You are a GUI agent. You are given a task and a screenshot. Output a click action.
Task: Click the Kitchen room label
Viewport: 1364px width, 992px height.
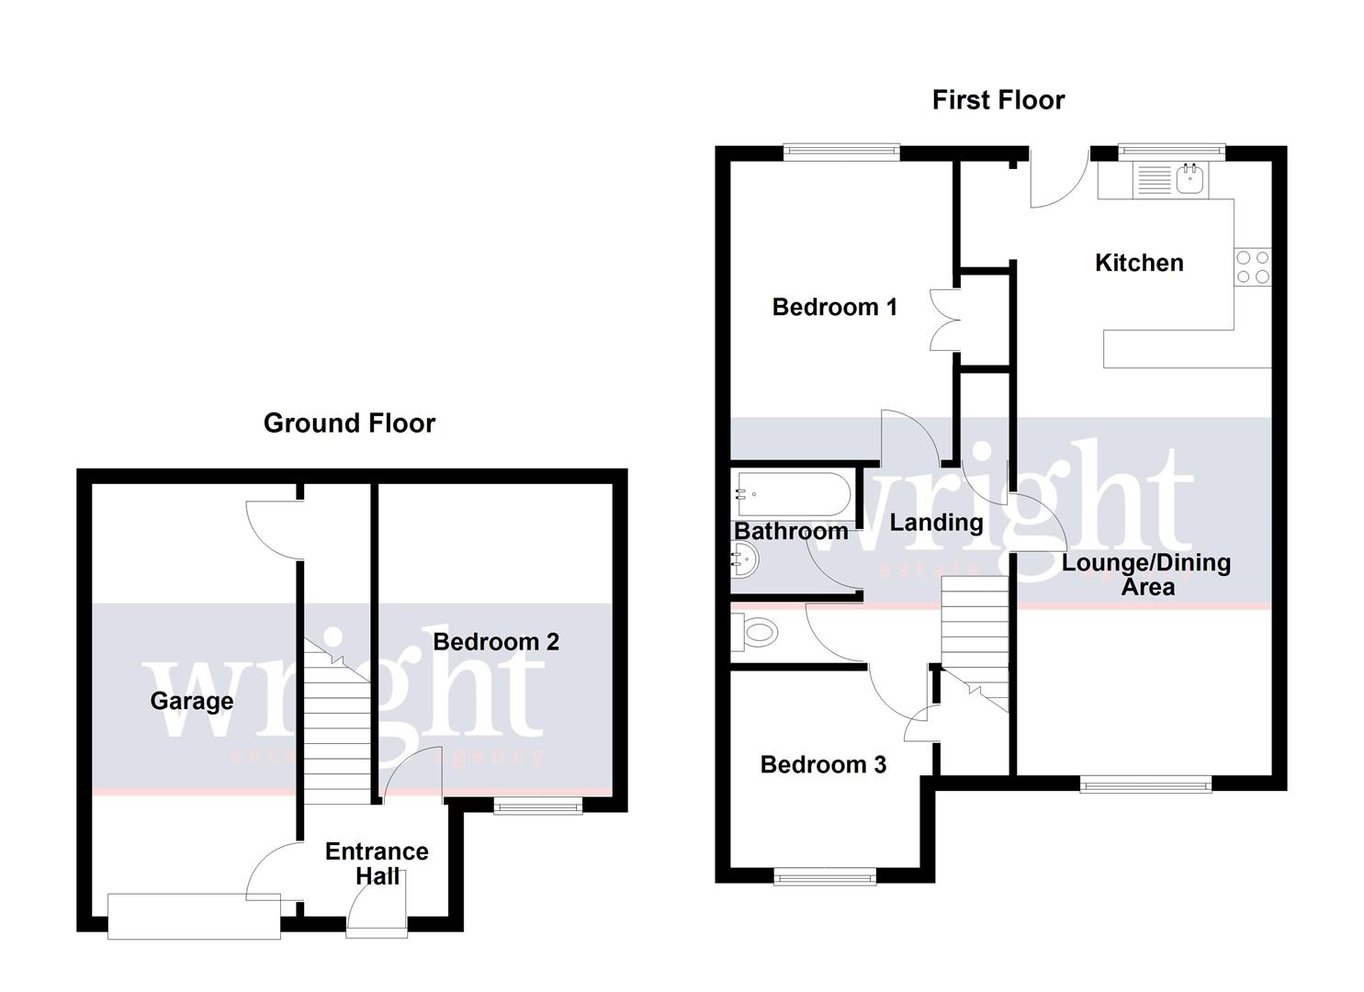[1138, 263]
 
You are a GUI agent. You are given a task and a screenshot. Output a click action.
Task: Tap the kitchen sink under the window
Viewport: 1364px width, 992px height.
[1191, 179]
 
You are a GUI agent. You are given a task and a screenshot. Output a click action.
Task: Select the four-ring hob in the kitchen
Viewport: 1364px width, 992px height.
[1252, 267]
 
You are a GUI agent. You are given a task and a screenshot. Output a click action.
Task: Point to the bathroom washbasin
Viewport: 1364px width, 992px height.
[744, 558]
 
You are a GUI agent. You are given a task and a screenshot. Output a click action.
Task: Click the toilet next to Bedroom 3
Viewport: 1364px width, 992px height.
[758, 633]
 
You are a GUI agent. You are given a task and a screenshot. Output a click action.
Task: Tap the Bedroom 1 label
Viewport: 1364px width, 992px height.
[834, 307]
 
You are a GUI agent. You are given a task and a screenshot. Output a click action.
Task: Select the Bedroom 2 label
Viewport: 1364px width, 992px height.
[495, 641]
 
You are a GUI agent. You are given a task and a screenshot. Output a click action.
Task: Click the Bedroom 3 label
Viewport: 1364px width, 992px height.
[823, 764]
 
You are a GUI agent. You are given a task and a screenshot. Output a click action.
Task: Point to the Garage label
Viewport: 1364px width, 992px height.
[191, 702]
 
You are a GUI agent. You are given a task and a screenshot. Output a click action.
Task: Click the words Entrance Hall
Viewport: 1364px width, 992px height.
[377, 863]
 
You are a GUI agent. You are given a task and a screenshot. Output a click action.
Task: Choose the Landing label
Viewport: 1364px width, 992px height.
[936, 523]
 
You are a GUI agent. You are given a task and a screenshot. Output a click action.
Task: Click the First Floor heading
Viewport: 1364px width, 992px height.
[998, 99]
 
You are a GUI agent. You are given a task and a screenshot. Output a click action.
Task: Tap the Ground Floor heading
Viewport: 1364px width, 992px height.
[349, 423]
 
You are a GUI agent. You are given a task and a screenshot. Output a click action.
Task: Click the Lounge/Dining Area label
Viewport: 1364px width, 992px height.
[1146, 574]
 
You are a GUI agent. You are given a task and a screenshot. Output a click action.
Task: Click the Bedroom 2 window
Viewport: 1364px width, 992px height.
[537, 806]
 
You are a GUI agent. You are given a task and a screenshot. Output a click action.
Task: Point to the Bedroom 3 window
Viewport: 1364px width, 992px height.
[825, 878]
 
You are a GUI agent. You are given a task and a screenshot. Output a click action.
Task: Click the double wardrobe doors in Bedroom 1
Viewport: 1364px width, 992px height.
[946, 320]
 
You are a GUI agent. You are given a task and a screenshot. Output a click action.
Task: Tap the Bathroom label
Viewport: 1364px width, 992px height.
[790, 531]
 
